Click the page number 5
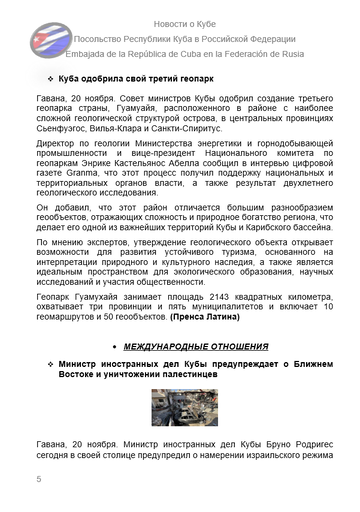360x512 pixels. click(38, 482)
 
